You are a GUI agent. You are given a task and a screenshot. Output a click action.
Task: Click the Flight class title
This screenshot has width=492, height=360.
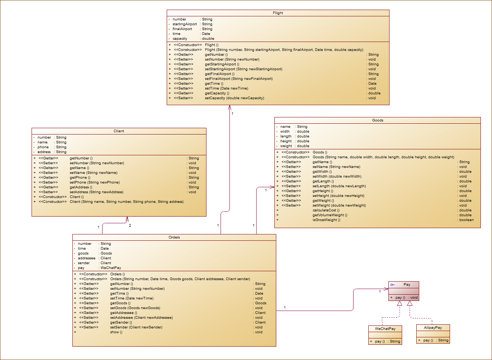coord(278,13)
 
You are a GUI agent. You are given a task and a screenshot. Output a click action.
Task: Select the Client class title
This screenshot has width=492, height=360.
coord(119,131)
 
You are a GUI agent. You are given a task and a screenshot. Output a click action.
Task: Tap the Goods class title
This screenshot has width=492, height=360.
coord(377,120)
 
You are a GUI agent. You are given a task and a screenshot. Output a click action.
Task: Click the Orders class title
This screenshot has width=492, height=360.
coord(174,237)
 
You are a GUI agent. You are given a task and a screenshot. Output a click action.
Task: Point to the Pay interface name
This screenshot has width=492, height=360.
coord(407,285)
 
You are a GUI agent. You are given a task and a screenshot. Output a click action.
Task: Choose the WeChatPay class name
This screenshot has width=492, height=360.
coord(385,329)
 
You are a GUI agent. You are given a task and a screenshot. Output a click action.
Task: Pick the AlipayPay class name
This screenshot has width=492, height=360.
coord(433,328)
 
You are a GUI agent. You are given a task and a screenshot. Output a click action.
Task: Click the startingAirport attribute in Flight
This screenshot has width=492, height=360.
coord(185,24)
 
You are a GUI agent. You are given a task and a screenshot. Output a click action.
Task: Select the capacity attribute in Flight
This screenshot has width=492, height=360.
coord(180,39)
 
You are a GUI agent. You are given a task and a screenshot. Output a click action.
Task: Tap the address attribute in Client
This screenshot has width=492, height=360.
coord(44,152)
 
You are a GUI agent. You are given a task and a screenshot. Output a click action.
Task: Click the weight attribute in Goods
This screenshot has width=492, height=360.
coord(286,146)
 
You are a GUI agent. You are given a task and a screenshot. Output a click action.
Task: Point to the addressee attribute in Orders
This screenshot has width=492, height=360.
coord(87,258)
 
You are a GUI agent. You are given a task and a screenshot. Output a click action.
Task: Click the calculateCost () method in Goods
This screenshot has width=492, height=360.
coord(326,210)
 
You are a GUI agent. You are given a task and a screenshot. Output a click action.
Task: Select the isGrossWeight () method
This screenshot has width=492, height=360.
coord(326,220)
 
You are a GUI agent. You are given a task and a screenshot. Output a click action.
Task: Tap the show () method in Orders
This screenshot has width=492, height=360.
coord(116,332)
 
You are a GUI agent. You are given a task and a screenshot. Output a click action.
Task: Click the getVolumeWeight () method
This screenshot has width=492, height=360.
coord(330,215)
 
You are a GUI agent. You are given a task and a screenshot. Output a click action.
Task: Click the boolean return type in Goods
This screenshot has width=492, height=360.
coord(466,220)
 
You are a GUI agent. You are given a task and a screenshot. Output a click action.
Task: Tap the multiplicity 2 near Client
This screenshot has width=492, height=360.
coord(130,226)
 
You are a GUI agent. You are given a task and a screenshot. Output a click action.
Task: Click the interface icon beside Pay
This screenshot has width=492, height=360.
coord(392,285)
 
